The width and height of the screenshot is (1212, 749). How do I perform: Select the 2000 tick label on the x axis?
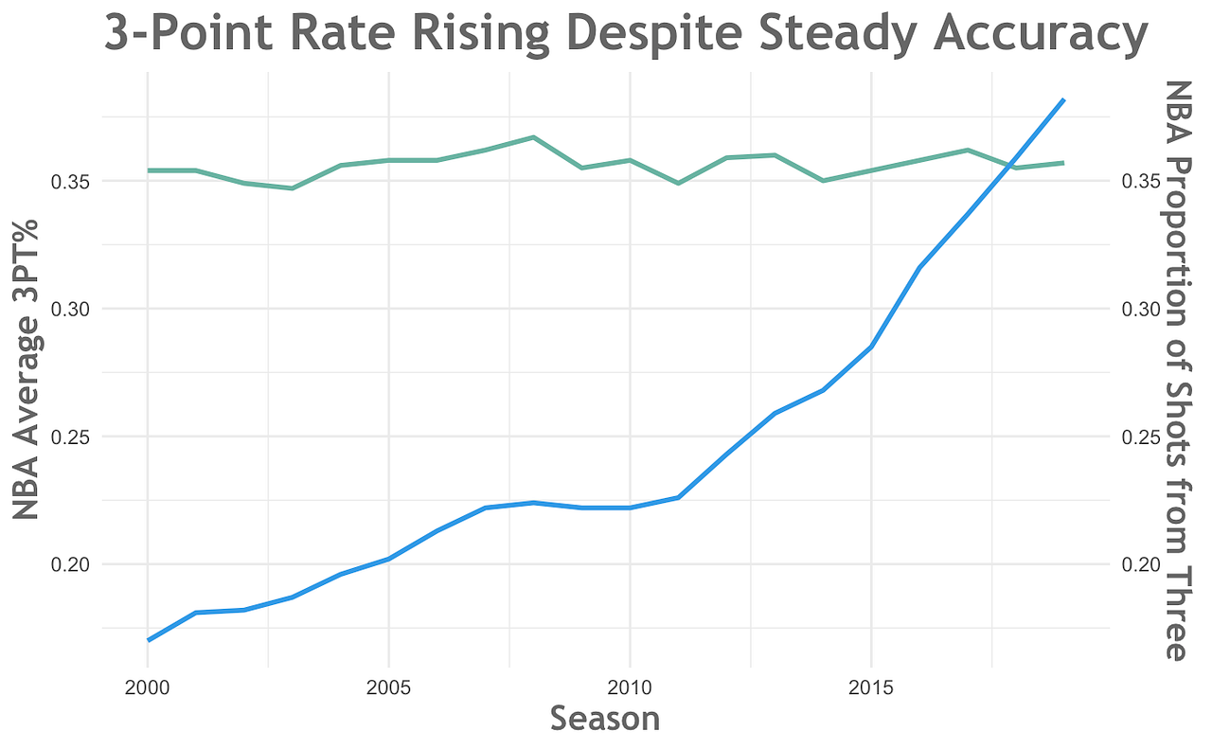point(148,685)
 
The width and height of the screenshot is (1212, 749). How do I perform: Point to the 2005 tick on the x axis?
point(388,685)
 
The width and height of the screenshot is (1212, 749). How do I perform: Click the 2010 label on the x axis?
point(630,685)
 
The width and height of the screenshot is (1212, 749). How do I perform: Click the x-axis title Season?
point(604,719)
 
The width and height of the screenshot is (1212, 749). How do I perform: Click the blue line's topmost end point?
point(1064,99)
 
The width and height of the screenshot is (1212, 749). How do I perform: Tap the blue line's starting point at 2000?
point(149,640)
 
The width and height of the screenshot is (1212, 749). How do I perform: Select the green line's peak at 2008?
point(533,137)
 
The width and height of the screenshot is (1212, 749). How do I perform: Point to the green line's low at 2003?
point(293,188)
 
